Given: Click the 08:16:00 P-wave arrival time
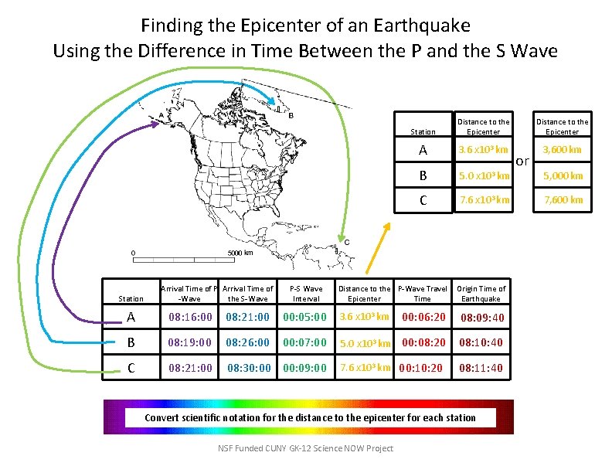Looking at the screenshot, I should click(x=190, y=317).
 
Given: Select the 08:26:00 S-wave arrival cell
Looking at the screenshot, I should click(x=247, y=342).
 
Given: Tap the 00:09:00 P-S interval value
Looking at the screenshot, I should click(x=305, y=368).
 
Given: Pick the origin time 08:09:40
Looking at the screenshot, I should click(x=482, y=318).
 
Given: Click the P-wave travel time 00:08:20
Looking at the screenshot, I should click(x=422, y=342).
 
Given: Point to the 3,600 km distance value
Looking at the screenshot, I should click(x=562, y=149).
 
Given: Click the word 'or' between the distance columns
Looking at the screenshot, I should click(x=522, y=161).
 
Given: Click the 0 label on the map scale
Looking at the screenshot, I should click(x=133, y=253).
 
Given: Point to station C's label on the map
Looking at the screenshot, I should click(x=347, y=242).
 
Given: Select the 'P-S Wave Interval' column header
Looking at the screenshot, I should click(x=307, y=294).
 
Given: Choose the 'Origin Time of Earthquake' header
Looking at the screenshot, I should click(x=481, y=294).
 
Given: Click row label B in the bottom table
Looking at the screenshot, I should click(x=131, y=342).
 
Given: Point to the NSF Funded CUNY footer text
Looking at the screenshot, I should click(x=305, y=448).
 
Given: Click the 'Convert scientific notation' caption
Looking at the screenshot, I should click(x=310, y=417).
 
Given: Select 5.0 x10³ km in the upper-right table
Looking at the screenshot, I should click(x=484, y=175).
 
